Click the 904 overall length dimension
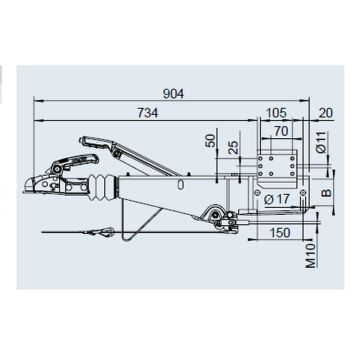[173, 94]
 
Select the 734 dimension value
[148, 113]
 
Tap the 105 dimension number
[276, 113]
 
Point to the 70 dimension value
[281, 131]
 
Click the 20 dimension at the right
[326, 113]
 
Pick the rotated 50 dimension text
[209, 141]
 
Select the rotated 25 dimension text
[235, 147]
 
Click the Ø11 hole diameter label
[321, 142]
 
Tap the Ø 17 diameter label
[277, 200]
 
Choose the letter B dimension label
[327, 192]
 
